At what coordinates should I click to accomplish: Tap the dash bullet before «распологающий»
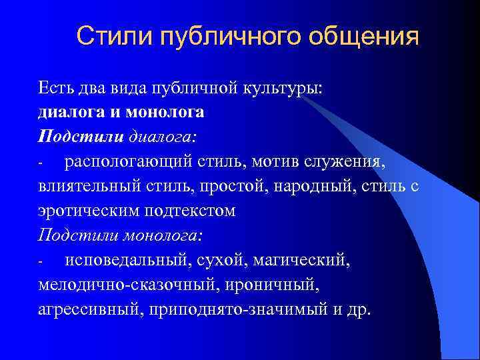pos(41,163)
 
